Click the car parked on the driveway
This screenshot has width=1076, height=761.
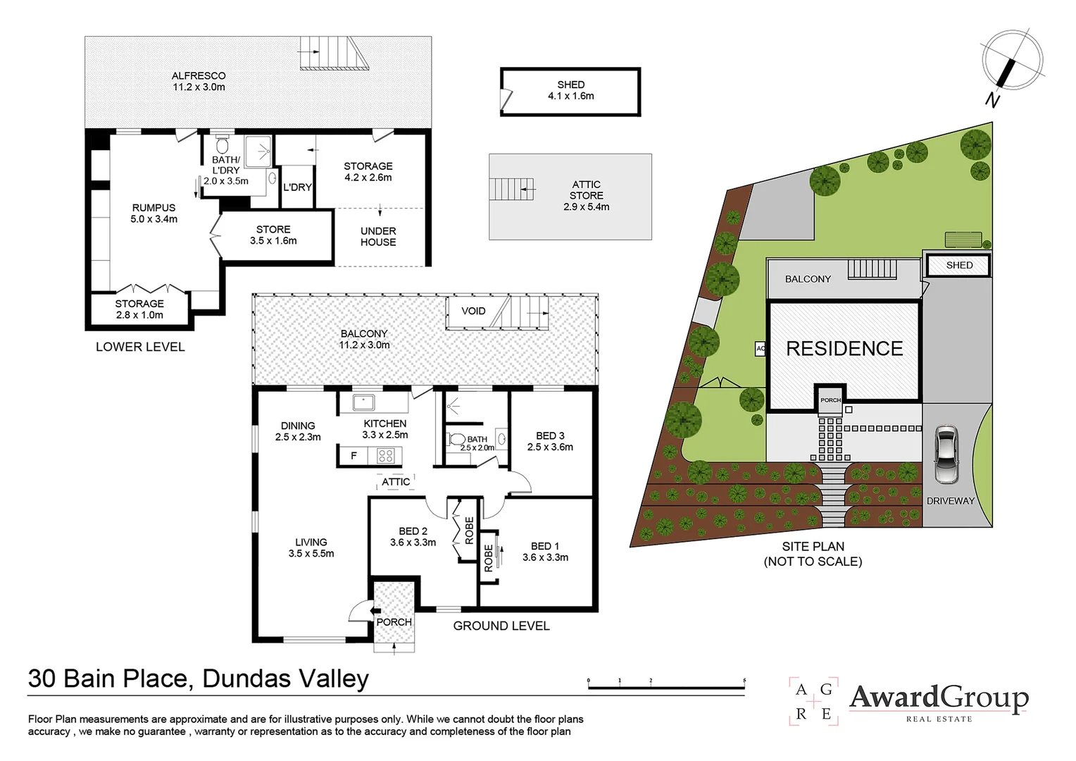946,454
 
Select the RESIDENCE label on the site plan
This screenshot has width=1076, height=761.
844,349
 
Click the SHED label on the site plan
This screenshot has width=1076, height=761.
959,266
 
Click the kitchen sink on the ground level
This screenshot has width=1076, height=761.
364,403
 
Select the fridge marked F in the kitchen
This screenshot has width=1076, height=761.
353,456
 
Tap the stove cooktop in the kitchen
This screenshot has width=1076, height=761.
385,456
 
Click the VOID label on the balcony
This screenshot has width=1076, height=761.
473,311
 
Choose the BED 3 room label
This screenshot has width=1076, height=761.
550,441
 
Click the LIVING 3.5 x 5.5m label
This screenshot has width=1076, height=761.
311,547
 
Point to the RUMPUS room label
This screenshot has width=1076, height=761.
154,213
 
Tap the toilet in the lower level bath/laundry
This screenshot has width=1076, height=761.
223,146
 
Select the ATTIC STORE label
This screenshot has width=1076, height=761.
586,195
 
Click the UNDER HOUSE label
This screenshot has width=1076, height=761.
378,236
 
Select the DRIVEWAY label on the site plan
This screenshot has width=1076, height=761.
950,501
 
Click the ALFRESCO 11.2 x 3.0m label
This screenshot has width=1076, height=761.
199,81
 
